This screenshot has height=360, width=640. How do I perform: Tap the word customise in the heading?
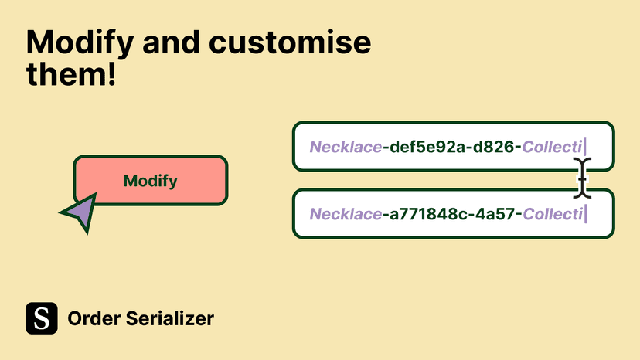[290, 42]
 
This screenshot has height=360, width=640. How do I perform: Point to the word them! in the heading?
[71, 73]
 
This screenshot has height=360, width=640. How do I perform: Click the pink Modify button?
[150, 181]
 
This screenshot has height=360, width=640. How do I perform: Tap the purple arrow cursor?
[80, 212]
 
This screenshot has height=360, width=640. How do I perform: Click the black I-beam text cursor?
[582, 178]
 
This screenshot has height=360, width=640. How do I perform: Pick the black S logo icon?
[42, 318]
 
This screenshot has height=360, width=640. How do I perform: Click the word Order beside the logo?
[94, 318]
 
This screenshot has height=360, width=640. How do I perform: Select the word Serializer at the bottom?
[170, 318]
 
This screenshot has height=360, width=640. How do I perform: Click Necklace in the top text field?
[346, 147]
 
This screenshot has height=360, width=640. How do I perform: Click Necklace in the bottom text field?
[346, 214]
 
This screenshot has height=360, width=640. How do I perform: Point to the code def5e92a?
[427, 147]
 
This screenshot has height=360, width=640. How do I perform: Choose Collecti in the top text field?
[552, 147]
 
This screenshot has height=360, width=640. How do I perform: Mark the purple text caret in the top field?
[585, 147]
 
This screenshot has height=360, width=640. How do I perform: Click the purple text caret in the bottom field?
[586, 214]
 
